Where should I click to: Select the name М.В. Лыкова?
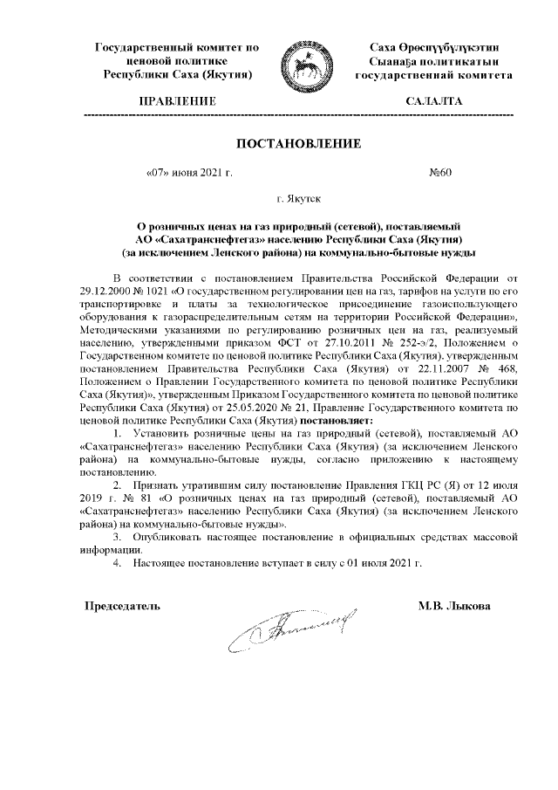pyautogui.click(x=453, y=605)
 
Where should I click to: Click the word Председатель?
pyautogui.click(x=121, y=605)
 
